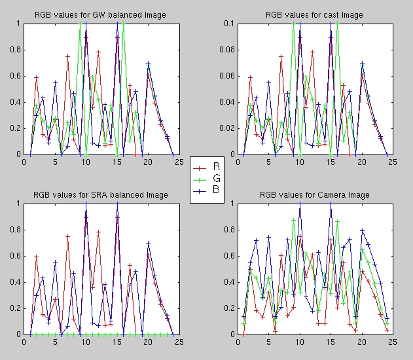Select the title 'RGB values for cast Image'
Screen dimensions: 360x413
[314, 14]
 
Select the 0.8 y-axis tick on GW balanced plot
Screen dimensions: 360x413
[16, 50]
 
